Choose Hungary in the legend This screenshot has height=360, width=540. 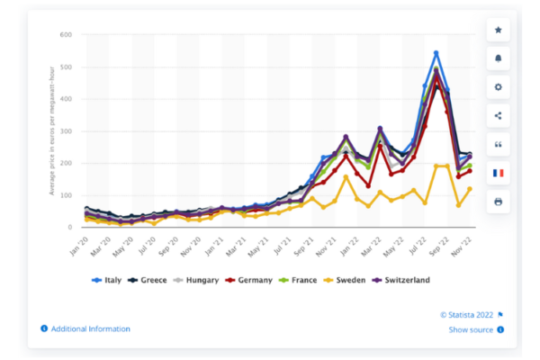[x=201, y=281]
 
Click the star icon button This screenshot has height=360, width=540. [x=499, y=31]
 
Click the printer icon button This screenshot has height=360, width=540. [x=499, y=202]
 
